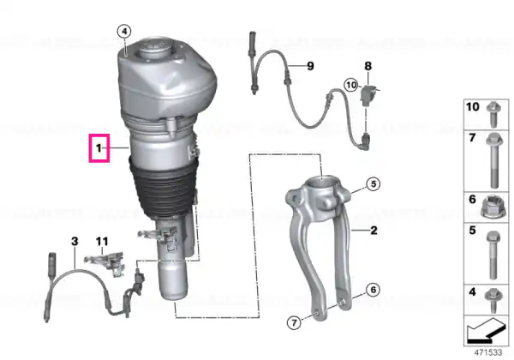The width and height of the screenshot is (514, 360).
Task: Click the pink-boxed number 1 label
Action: [99, 148]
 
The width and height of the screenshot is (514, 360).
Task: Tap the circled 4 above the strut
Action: [124, 32]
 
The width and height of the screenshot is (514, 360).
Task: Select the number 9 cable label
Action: [310, 66]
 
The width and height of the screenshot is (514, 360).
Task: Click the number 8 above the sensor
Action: [368, 66]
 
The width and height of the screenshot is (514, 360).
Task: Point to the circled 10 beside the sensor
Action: [351, 85]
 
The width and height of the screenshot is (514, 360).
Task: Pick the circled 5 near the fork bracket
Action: [374, 184]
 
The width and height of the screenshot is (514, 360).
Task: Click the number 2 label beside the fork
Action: [374, 231]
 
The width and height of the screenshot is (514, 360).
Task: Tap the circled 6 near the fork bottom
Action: [374, 290]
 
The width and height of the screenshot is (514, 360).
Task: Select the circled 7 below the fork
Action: [294, 323]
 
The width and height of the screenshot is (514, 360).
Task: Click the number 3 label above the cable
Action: [75, 242]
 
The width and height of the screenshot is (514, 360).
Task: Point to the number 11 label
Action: [102, 242]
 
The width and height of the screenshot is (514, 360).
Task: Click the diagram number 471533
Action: [488, 352]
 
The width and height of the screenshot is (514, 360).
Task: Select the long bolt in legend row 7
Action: [493, 160]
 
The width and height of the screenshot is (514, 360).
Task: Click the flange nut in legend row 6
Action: [493, 207]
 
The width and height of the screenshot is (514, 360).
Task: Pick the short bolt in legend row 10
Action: [493, 114]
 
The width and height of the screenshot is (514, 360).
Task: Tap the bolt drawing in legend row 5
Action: [493, 255]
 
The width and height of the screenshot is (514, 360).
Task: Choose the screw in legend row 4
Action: [493, 301]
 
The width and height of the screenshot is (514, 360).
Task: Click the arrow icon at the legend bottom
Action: [487, 331]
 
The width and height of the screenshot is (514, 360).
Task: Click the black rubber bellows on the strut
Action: [164, 189]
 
